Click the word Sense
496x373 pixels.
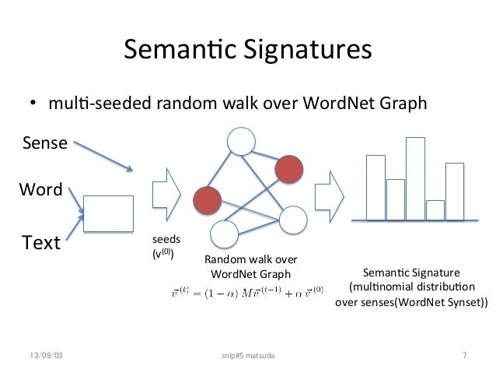pos(44,143)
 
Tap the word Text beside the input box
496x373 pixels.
pos(42,243)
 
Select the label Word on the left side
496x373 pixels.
pos(40,189)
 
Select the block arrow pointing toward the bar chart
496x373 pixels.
pos(329,195)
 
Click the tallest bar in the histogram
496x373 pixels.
pos(415,178)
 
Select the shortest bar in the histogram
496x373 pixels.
pos(435,210)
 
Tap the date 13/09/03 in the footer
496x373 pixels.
pos(45,356)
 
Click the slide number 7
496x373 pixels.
pos(464,356)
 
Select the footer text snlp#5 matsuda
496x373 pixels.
pos(248,356)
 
